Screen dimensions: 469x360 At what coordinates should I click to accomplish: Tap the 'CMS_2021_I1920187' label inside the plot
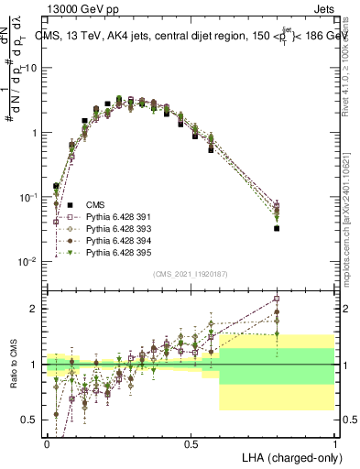pos(190,274)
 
